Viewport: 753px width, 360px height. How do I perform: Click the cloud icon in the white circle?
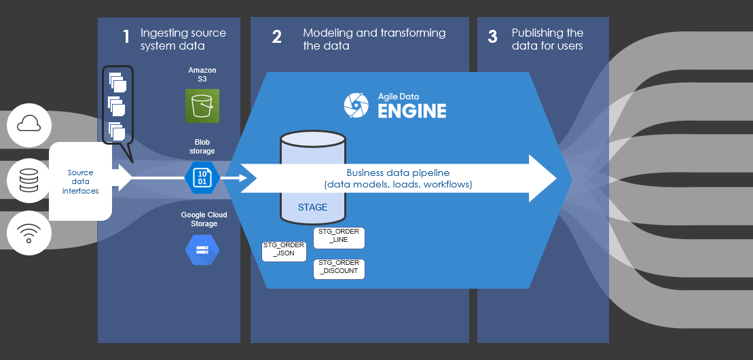29,123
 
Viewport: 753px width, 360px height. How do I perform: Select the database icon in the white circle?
29,180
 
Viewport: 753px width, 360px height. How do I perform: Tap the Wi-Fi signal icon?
29,234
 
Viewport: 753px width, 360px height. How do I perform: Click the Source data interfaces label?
80,181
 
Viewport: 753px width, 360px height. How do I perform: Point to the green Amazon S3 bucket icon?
202,106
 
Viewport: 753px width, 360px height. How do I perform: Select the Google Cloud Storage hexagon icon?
202,249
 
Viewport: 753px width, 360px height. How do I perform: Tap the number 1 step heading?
126,37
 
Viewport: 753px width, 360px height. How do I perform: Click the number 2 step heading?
276,37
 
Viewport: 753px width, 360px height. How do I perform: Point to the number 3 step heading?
493,37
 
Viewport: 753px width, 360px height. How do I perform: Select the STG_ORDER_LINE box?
339,238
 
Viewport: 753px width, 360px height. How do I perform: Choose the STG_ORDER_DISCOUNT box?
339,269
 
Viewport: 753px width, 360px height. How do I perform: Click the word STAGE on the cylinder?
312,207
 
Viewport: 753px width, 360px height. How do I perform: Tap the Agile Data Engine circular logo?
356,105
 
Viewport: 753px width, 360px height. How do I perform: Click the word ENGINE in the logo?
412,111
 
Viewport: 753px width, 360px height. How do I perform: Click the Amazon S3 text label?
202,75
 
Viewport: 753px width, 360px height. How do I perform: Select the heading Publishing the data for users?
547,39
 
